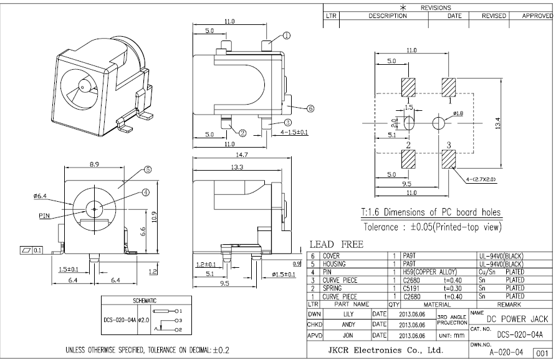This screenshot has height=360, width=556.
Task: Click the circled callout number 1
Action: pos(286,36)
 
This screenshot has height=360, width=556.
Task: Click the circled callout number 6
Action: pos(310,108)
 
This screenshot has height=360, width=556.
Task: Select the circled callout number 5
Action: pos(148,169)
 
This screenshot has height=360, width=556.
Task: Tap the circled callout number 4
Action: pos(146,192)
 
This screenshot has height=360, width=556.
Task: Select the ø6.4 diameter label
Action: pos(41,196)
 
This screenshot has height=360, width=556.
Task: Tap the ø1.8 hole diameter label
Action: pos(458,113)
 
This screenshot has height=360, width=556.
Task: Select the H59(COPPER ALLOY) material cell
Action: pos(430,272)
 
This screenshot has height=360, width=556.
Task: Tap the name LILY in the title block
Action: pos(348,315)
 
